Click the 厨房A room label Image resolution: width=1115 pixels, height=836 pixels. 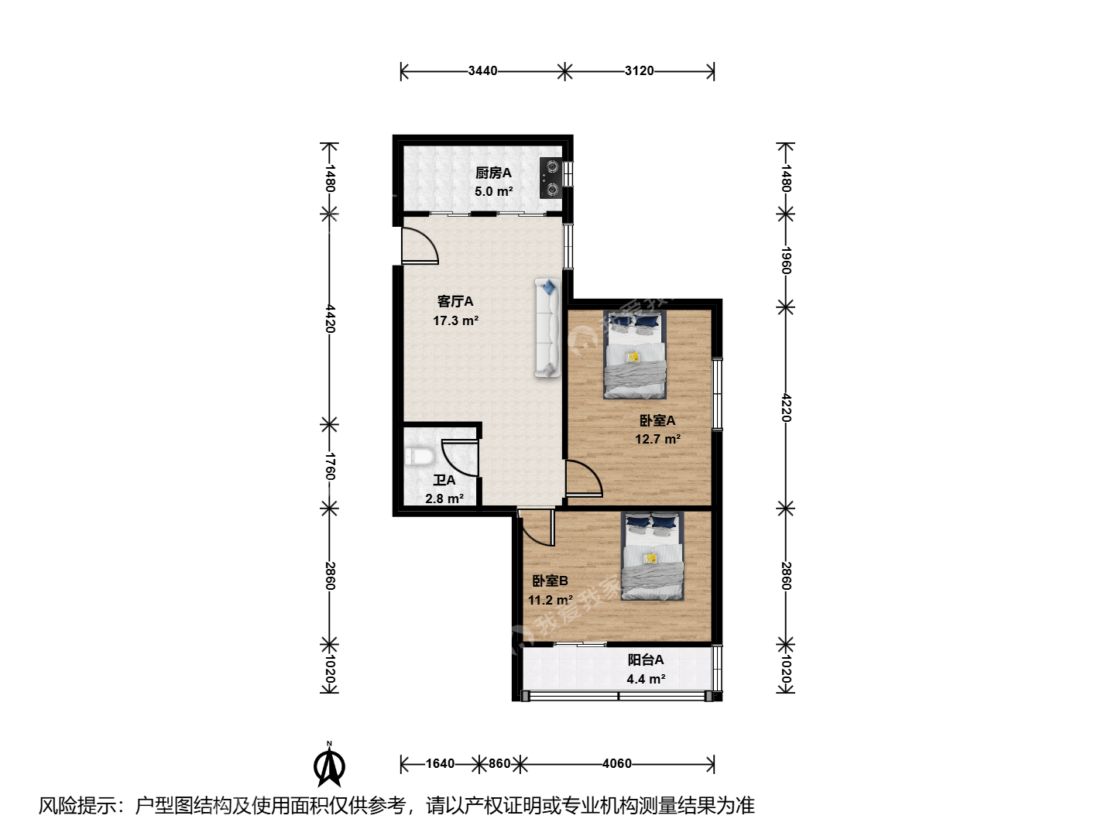point(493,173)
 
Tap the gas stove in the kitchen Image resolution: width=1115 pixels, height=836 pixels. point(550,178)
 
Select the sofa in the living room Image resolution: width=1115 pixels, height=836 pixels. point(547,328)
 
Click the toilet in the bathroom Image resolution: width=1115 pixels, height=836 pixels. point(420,456)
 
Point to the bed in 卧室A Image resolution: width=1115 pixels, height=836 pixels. point(634,354)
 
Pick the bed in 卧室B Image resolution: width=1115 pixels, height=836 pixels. point(652,556)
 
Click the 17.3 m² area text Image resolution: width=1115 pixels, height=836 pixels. point(455,320)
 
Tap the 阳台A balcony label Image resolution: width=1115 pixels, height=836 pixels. point(646,660)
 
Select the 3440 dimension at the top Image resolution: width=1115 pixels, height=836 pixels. point(482,70)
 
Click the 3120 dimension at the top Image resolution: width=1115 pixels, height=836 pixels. point(639,70)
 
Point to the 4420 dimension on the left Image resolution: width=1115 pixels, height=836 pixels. point(330,319)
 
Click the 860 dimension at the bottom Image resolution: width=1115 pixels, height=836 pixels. point(499,763)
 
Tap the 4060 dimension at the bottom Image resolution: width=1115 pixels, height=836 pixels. point(617,763)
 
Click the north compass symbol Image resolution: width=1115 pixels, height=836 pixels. point(329,765)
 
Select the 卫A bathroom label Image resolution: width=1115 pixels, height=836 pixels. point(444,480)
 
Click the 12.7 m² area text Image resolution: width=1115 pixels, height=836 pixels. point(658,439)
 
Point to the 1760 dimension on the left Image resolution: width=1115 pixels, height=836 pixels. point(330,466)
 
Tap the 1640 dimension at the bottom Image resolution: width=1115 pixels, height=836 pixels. point(440,763)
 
